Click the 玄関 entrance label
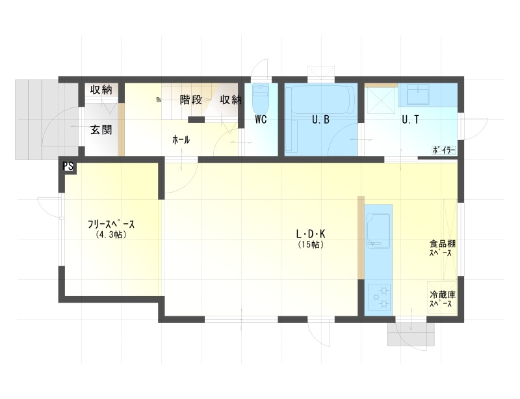101,130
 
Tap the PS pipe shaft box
68,166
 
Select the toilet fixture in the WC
261,99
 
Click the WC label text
261,120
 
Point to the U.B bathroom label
320,120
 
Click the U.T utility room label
410,120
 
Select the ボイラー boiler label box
444,150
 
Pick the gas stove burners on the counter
380,297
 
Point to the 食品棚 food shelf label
443,248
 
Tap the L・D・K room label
311,234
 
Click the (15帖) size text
311,245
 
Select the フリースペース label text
111,225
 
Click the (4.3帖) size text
111,235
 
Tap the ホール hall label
181,140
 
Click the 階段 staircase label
190,100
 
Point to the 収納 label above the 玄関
101,90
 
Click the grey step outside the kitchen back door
411,335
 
